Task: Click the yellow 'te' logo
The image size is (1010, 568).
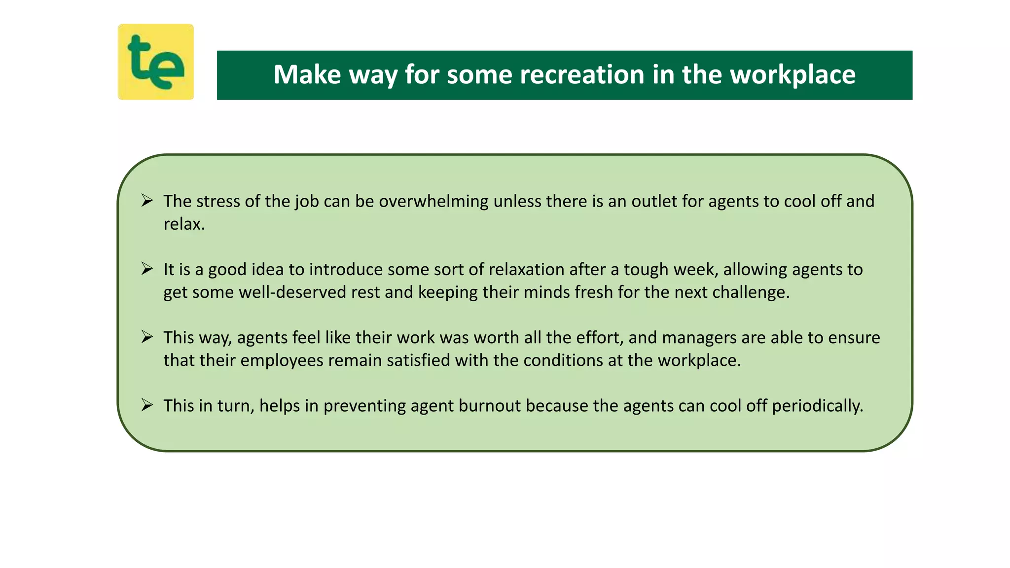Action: tap(156, 62)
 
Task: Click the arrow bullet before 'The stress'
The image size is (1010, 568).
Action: tap(147, 201)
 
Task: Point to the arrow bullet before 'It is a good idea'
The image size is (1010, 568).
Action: tap(147, 269)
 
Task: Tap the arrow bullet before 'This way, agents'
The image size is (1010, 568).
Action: tap(147, 337)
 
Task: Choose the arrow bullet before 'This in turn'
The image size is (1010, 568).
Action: tap(147, 405)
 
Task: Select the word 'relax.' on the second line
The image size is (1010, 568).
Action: tap(184, 224)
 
